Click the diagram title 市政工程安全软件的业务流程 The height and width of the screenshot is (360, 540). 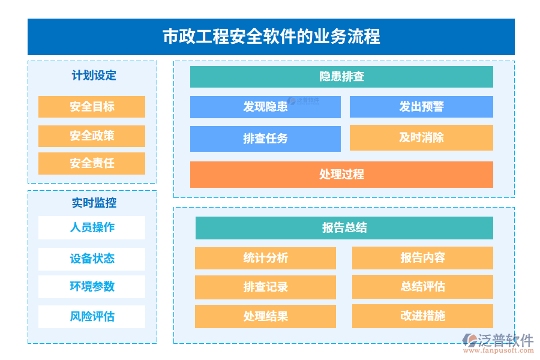coord(271,37)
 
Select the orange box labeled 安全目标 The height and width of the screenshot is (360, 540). coord(92,107)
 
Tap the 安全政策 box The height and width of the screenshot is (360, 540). coord(92,136)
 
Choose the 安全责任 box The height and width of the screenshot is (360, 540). coord(92,163)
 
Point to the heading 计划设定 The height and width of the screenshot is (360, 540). coord(94,76)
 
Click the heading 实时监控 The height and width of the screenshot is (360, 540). coord(94,203)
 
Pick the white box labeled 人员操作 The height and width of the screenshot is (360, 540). coord(92,227)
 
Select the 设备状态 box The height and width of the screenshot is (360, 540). coord(92,259)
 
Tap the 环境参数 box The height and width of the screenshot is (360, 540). coord(92,287)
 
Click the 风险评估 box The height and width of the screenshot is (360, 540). coord(92,317)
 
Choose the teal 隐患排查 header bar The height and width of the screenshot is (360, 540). coord(341,77)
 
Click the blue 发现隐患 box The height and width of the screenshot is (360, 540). coord(265,107)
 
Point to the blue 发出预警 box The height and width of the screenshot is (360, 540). coord(421,107)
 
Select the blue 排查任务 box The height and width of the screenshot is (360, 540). coord(265,139)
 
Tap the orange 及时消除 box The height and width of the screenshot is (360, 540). coord(421,137)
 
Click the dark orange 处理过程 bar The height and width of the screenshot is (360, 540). coord(341,175)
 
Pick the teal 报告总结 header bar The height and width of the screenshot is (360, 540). coord(344,228)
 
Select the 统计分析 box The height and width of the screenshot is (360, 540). coord(265,258)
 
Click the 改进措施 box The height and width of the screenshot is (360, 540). coord(422,316)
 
